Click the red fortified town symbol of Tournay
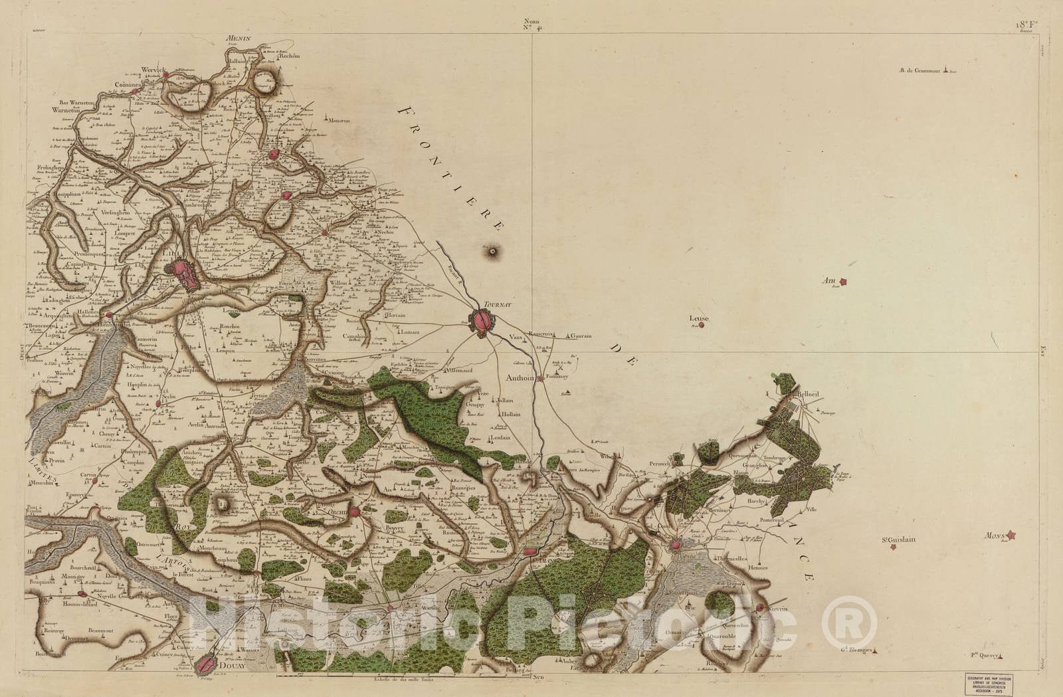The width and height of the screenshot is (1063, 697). (x=483, y=322)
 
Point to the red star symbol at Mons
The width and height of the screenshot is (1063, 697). (x=1011, y=534)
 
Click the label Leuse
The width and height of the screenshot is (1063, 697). (x=700, y=319)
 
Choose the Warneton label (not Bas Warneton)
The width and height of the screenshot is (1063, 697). (x=65, y=111)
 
